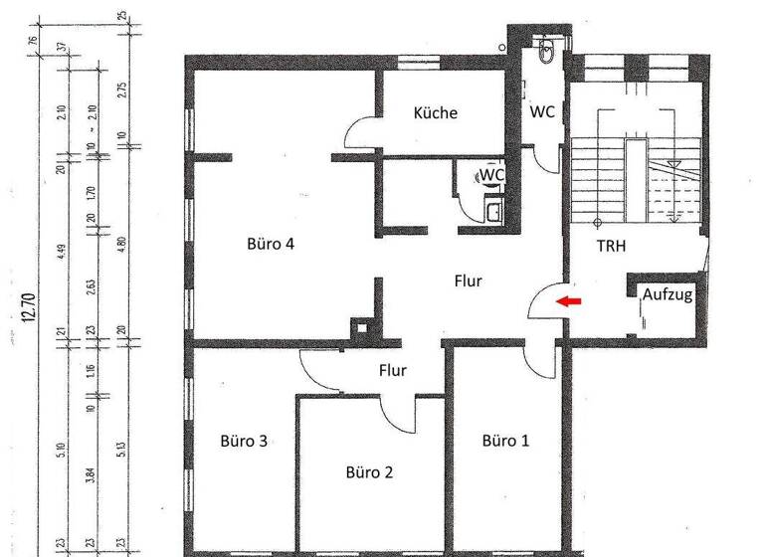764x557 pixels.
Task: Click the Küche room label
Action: (436, 113)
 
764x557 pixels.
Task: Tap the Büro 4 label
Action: (270, 245)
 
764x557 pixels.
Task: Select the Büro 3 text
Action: (243, 441)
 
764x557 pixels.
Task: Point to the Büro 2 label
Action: (369, 471)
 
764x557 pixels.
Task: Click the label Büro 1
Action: (505, 441)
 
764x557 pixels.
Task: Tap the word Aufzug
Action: (667, 295)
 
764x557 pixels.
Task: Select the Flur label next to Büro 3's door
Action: (393, 371)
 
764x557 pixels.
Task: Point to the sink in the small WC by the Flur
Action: (493, 210)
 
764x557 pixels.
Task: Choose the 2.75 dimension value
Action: (121, 87)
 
